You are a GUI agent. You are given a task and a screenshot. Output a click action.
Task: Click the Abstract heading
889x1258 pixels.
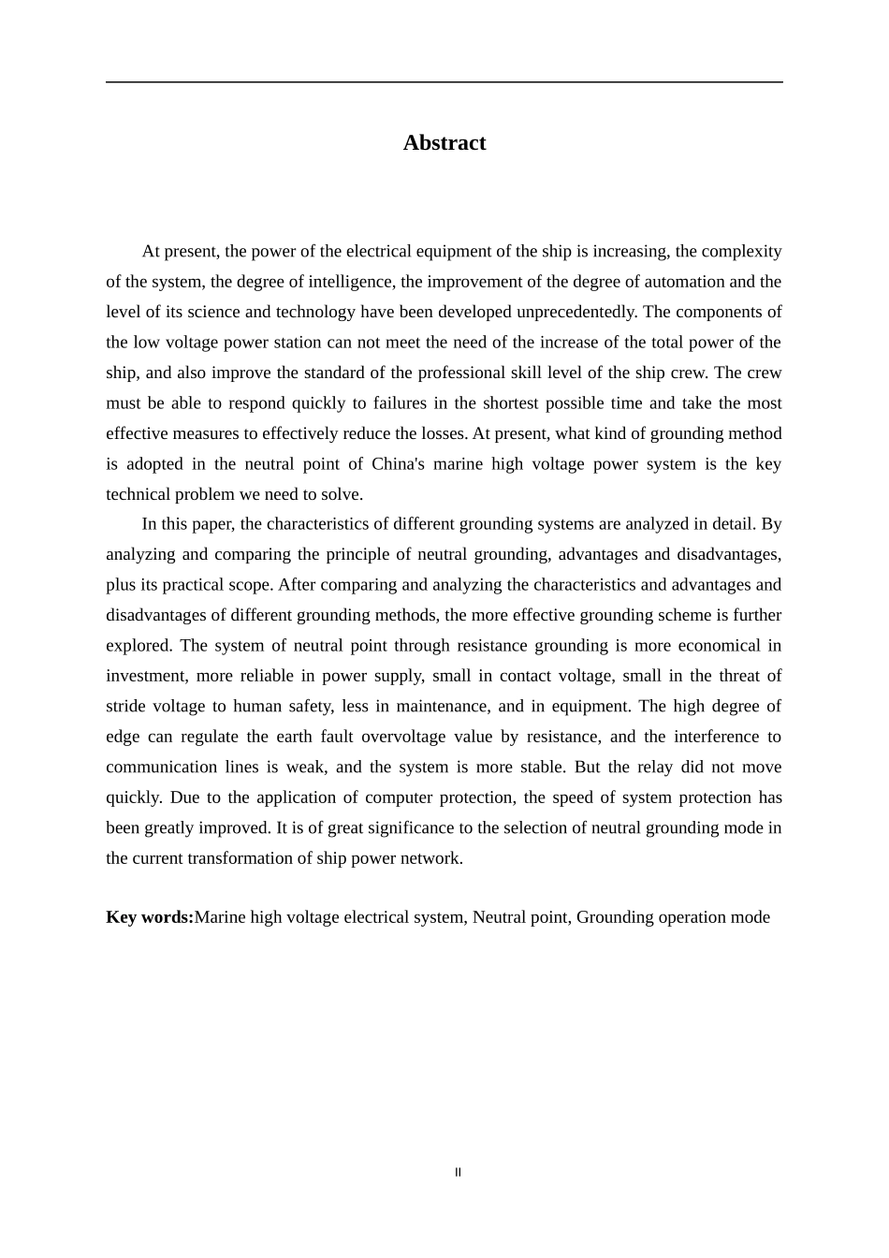pyautogui.click(x=444, y=143)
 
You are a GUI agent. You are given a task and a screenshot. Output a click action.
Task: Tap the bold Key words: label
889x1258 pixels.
pyautogui.click(x=150, y=917)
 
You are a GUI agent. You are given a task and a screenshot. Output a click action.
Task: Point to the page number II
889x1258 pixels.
pyautogui.click(x=458, y=1173)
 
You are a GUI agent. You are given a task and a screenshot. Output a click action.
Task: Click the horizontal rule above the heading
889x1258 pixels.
pyautogui.click(x=444, y=82)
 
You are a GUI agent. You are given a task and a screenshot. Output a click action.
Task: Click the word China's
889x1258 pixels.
pyautogui.click(x=398, y=464)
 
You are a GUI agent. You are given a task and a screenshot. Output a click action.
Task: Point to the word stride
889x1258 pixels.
pyautogui.click(x=125, y=707)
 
